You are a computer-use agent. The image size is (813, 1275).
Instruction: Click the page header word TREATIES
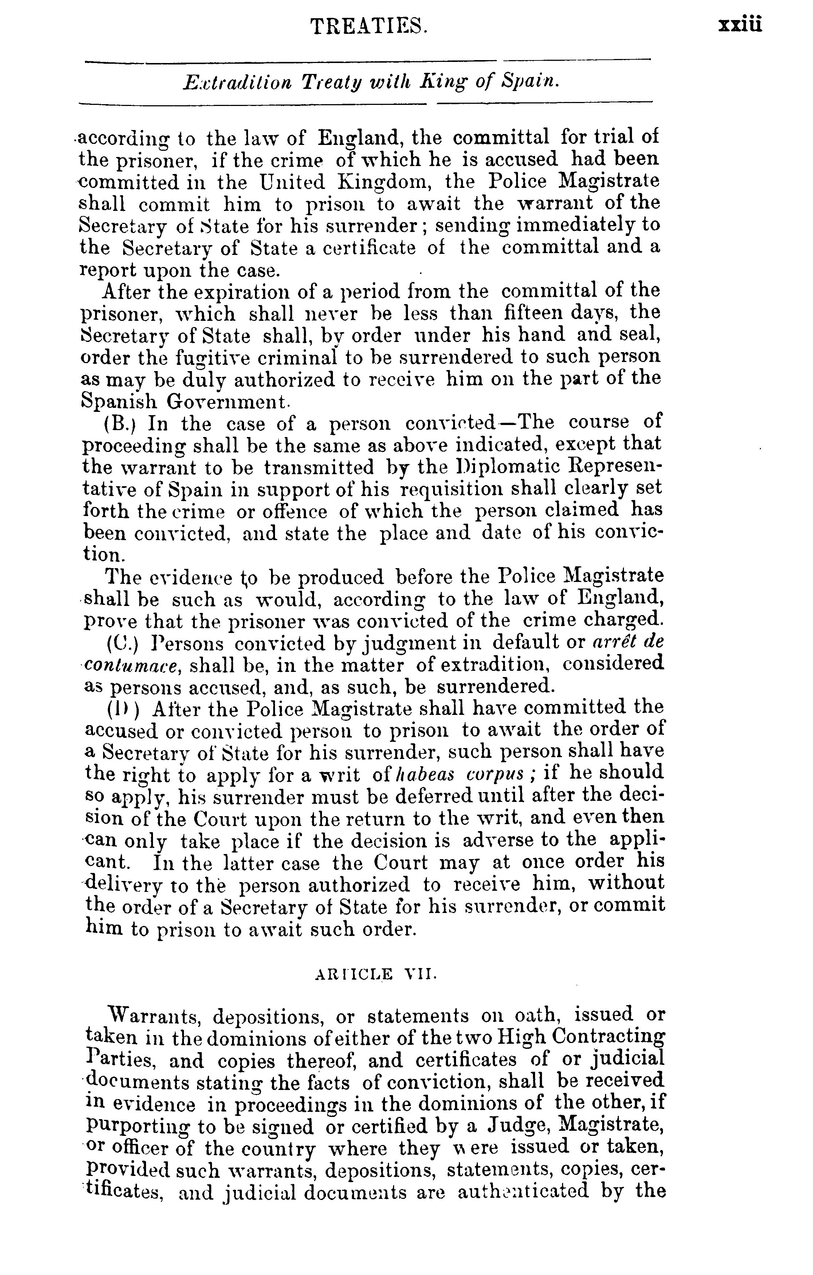(x=369, y=27)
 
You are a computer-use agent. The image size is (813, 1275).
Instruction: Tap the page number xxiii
(x=740, y=25)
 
